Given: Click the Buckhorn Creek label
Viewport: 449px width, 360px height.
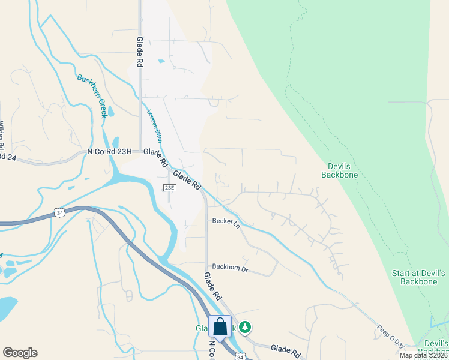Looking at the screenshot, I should tap(92, 95).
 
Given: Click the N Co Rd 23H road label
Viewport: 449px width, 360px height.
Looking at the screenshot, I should tap(109, 152).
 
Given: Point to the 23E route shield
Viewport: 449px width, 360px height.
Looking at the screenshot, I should tap(170, 188).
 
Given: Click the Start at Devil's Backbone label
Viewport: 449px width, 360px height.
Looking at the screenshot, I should tap(418, 277).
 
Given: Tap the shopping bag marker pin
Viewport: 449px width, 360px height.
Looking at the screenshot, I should tap(220, 328).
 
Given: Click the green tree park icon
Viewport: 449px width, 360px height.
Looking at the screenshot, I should tap(244, 327).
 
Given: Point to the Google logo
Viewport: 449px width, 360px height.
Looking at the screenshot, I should tap(20, 353).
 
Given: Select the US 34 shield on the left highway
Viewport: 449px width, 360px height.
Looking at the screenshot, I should tap(59, 212).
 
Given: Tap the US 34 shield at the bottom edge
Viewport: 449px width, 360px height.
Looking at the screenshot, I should tap(240, 357).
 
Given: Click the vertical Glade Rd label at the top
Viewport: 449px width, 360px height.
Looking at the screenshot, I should tap(140, 54).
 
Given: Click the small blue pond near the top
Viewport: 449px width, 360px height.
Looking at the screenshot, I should tap(160, 61).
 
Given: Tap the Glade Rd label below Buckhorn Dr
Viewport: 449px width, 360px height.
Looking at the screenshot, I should tap(212, 287).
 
